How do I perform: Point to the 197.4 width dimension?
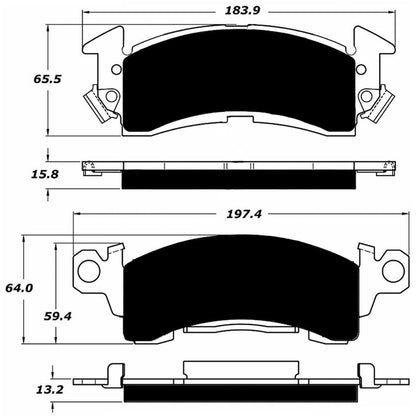coord(228,212)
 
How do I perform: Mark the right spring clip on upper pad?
coord(374,99)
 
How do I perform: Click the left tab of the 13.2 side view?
coord(94,378)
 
